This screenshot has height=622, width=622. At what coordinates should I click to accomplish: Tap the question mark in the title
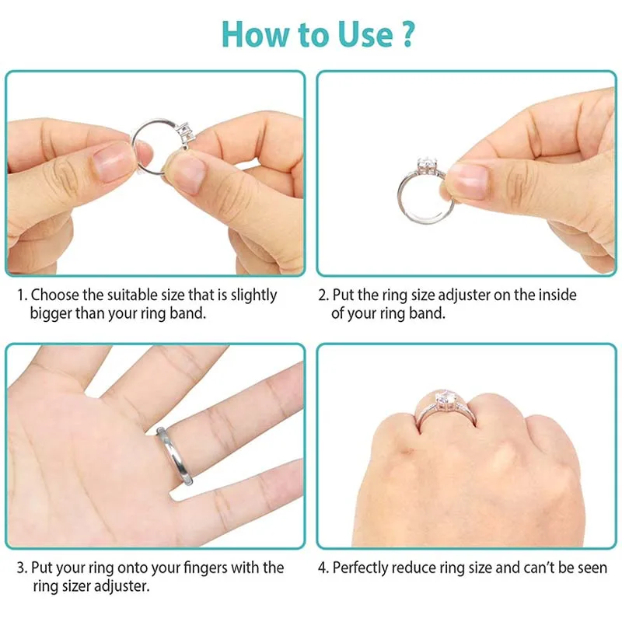click(x=407, y=34)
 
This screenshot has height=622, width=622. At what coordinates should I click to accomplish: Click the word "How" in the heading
click(x=257, y=34)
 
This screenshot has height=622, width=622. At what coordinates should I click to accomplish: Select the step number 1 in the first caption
click(x=22, y=295)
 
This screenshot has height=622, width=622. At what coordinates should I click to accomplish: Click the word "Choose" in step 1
click(x=54, y=295)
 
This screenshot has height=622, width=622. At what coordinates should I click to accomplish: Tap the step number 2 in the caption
click(x=323, y=295)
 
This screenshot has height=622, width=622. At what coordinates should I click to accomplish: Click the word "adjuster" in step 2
click(x=458, y=296)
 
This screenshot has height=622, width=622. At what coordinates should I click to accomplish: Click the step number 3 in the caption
click(x=22, y=568)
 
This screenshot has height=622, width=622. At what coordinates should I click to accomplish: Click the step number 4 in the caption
click(x=323, y=568)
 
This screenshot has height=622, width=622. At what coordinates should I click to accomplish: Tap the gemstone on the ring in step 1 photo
click(x=187, y=133)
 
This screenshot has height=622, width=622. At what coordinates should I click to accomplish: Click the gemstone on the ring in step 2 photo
click(x=427, y=165)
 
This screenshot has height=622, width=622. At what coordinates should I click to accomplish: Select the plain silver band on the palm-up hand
click(x=174, y=456)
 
